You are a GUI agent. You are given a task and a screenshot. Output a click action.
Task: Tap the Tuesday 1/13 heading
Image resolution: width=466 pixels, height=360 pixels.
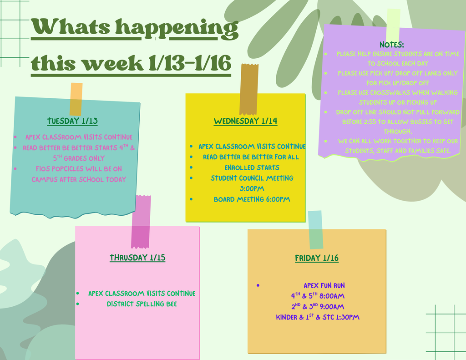point(72,121)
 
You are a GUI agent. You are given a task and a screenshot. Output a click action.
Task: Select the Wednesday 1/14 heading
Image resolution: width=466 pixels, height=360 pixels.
point(245,121)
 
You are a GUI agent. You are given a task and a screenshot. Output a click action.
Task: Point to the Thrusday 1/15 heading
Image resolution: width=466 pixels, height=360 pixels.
point(137,258)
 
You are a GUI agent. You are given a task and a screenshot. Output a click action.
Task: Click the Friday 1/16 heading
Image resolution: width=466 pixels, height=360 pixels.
point(317,258)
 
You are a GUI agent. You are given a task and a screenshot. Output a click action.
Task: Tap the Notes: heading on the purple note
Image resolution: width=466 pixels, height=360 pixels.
point(392,44)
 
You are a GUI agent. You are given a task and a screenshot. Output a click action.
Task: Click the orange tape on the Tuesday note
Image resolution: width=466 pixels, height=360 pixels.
point(76,99)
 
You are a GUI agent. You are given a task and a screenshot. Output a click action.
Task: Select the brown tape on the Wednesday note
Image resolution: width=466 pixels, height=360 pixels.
point(249,89)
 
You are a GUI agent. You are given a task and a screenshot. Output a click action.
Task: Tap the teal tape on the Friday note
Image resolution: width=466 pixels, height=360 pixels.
point(315,229)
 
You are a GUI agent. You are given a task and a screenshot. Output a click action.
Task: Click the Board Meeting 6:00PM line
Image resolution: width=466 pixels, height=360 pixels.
point(252,199)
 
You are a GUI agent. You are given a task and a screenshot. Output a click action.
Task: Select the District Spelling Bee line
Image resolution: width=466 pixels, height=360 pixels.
point(142,304)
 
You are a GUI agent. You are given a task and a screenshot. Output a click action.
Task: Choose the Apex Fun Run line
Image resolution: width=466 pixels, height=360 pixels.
point(324,285)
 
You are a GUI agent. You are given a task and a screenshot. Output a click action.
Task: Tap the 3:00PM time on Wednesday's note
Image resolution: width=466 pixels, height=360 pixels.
point(252,188)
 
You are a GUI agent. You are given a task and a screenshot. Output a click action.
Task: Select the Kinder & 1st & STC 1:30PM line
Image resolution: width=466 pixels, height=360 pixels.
point(318,317)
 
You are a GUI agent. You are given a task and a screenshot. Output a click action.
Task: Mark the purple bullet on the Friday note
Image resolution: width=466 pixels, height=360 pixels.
point(258,285)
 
